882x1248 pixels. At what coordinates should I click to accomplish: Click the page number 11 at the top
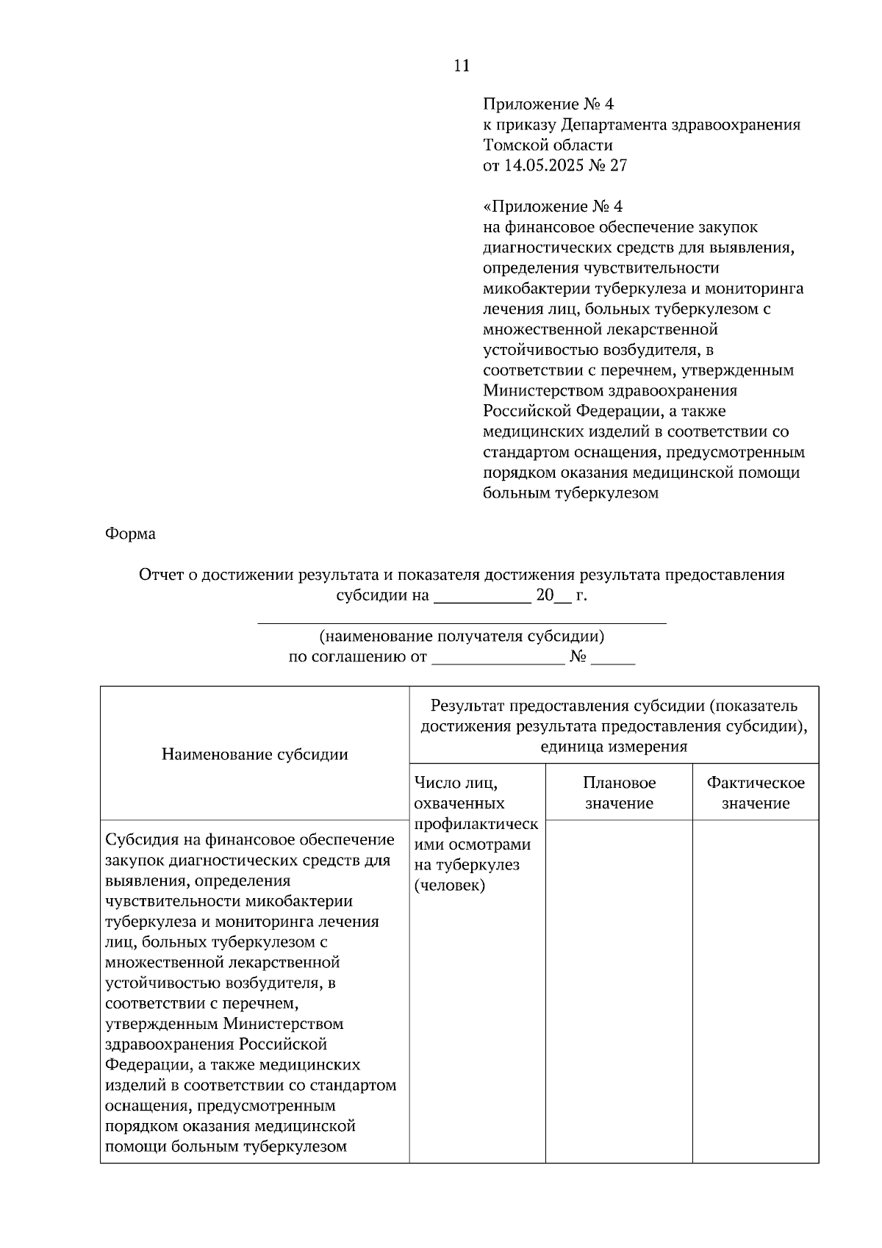(462, 66)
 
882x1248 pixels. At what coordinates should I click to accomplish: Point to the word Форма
(130, 534)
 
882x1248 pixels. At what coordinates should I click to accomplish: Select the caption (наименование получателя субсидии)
(462, 636)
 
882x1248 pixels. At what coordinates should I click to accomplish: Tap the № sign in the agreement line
(577, 657)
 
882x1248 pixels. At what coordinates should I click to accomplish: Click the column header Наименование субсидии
(254, 754)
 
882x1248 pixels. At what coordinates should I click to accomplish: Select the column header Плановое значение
(619, 793)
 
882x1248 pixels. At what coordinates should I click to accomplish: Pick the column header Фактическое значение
(755, 793)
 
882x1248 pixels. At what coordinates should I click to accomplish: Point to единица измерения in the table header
(614, 747)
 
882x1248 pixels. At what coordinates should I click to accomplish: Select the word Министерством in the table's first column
(284, 1024)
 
